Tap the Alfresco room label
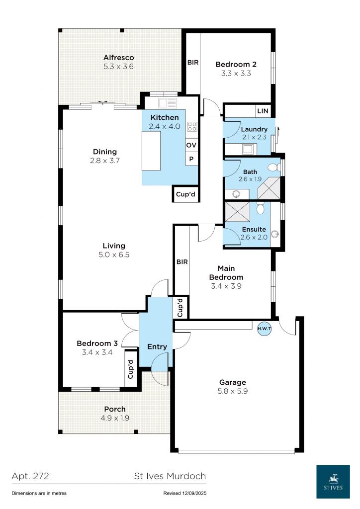point(118,58)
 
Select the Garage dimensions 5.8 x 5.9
point(233,391)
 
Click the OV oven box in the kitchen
point(191,145)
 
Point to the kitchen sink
point(168,103)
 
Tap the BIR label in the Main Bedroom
point(182,261)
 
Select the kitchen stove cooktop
point(192,126)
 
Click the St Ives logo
point(335,481)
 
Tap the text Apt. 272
point(30,476)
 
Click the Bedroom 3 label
point(97,343)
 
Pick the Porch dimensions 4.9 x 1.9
point(114,418)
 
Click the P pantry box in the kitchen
point(191,159)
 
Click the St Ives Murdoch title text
point(170,476)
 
